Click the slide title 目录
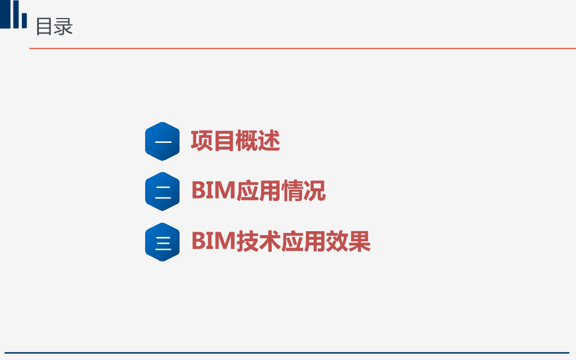54,26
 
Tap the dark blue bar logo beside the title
13,14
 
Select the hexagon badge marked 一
163,141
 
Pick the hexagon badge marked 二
163,191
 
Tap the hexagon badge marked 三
163,242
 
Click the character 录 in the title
64,26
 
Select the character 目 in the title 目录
44,26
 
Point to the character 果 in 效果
359,241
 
